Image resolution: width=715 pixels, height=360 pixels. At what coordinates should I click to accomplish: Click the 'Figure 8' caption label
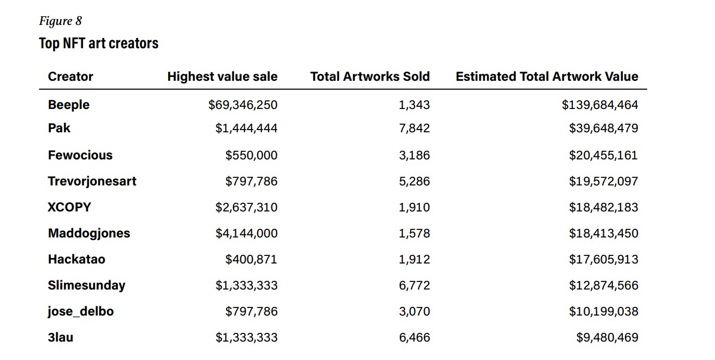tap(60, 21)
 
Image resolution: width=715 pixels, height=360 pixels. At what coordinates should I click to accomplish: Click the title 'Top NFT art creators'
tap(99, 43)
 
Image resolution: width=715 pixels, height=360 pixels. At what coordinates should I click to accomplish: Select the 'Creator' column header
tap(71, 76)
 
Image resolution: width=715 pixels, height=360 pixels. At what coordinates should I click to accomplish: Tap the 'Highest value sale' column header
tap(222, 76)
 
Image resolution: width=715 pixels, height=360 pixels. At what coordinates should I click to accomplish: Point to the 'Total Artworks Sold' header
tap(370, 76)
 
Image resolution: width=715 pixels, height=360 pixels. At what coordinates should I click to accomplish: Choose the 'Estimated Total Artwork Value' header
tap(547, 76)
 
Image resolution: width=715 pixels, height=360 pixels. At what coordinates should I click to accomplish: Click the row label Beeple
tap(69, 105)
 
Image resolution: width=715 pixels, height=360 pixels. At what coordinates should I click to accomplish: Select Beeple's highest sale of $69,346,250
tap(242, 105)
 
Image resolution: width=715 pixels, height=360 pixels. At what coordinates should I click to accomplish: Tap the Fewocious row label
tap(80, 155)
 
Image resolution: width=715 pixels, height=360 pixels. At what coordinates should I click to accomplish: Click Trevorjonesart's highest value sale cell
tap(251, 181)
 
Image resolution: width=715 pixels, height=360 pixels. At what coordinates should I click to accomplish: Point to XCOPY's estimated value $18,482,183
tap(603, 207)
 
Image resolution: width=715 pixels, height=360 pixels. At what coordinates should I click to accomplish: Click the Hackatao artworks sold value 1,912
tap(414, 259)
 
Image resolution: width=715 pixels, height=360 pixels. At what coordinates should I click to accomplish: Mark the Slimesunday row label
tap(87, 285)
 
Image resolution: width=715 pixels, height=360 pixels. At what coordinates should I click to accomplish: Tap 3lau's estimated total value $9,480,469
tap(607, 337)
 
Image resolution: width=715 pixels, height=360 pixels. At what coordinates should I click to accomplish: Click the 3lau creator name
tap(61, 337)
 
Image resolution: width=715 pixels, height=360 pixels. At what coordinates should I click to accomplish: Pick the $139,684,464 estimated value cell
tap(599, 105)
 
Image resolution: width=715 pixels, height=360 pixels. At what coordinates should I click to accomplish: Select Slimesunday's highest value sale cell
tap(246, 285)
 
